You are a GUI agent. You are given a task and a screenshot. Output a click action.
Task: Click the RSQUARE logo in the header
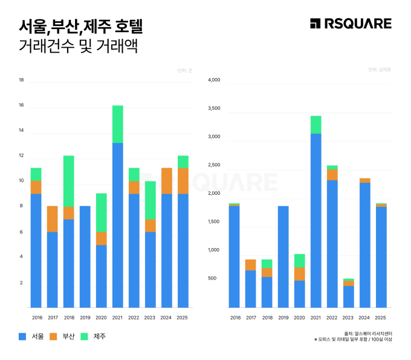(351, 24)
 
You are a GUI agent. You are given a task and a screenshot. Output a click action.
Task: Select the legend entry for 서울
(31, 336)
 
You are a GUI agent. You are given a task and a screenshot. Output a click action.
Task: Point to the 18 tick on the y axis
(21, 80)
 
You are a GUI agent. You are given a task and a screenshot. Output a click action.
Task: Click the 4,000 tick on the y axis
(214, 80)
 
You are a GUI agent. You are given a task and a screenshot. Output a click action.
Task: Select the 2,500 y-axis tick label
(214, 165)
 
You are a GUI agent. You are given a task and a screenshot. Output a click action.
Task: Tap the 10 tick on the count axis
(21, 181)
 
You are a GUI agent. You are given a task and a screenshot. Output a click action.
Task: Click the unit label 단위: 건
(184, 71)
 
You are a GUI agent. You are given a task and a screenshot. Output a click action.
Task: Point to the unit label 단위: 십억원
(380, 70)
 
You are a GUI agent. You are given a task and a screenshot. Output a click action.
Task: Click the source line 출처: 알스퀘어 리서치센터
(367, 333)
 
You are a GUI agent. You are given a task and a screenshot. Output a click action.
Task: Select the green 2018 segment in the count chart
(69, 181)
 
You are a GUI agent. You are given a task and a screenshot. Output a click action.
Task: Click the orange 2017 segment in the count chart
(53, 219)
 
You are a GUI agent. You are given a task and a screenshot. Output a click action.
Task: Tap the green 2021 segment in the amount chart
(316, 125)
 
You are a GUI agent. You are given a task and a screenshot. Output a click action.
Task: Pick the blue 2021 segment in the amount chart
(316, 220)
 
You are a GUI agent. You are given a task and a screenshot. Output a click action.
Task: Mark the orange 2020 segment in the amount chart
(299, 273)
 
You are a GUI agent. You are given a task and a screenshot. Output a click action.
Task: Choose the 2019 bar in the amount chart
(283, 257)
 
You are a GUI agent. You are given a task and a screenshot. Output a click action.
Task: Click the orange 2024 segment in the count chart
(166, 181)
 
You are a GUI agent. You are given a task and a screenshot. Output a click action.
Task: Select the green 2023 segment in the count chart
(150, 200)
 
